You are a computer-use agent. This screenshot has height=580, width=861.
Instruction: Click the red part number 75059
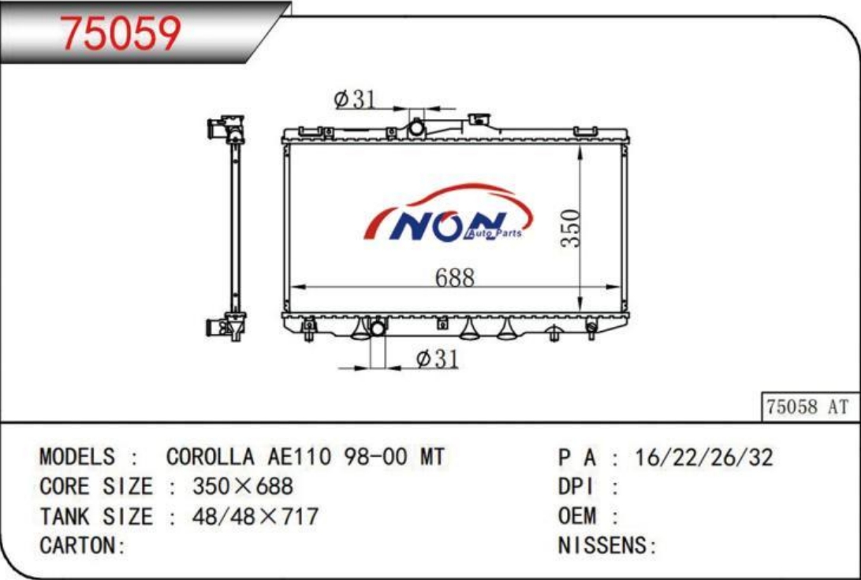point(120,33)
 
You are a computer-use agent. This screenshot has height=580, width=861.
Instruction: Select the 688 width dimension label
point(455,277)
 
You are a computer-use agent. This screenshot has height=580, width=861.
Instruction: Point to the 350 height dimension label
point(571,228)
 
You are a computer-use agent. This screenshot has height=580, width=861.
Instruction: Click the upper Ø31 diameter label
point(356,99)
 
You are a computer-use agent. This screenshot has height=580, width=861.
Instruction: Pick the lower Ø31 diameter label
point(437,359)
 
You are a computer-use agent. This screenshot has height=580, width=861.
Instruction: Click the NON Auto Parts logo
point(448,213)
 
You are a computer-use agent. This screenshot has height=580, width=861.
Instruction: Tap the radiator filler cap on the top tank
point(479,120)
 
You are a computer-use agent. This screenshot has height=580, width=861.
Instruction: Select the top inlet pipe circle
point(417,129)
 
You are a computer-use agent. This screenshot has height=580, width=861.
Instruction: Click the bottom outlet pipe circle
point(378,329)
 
